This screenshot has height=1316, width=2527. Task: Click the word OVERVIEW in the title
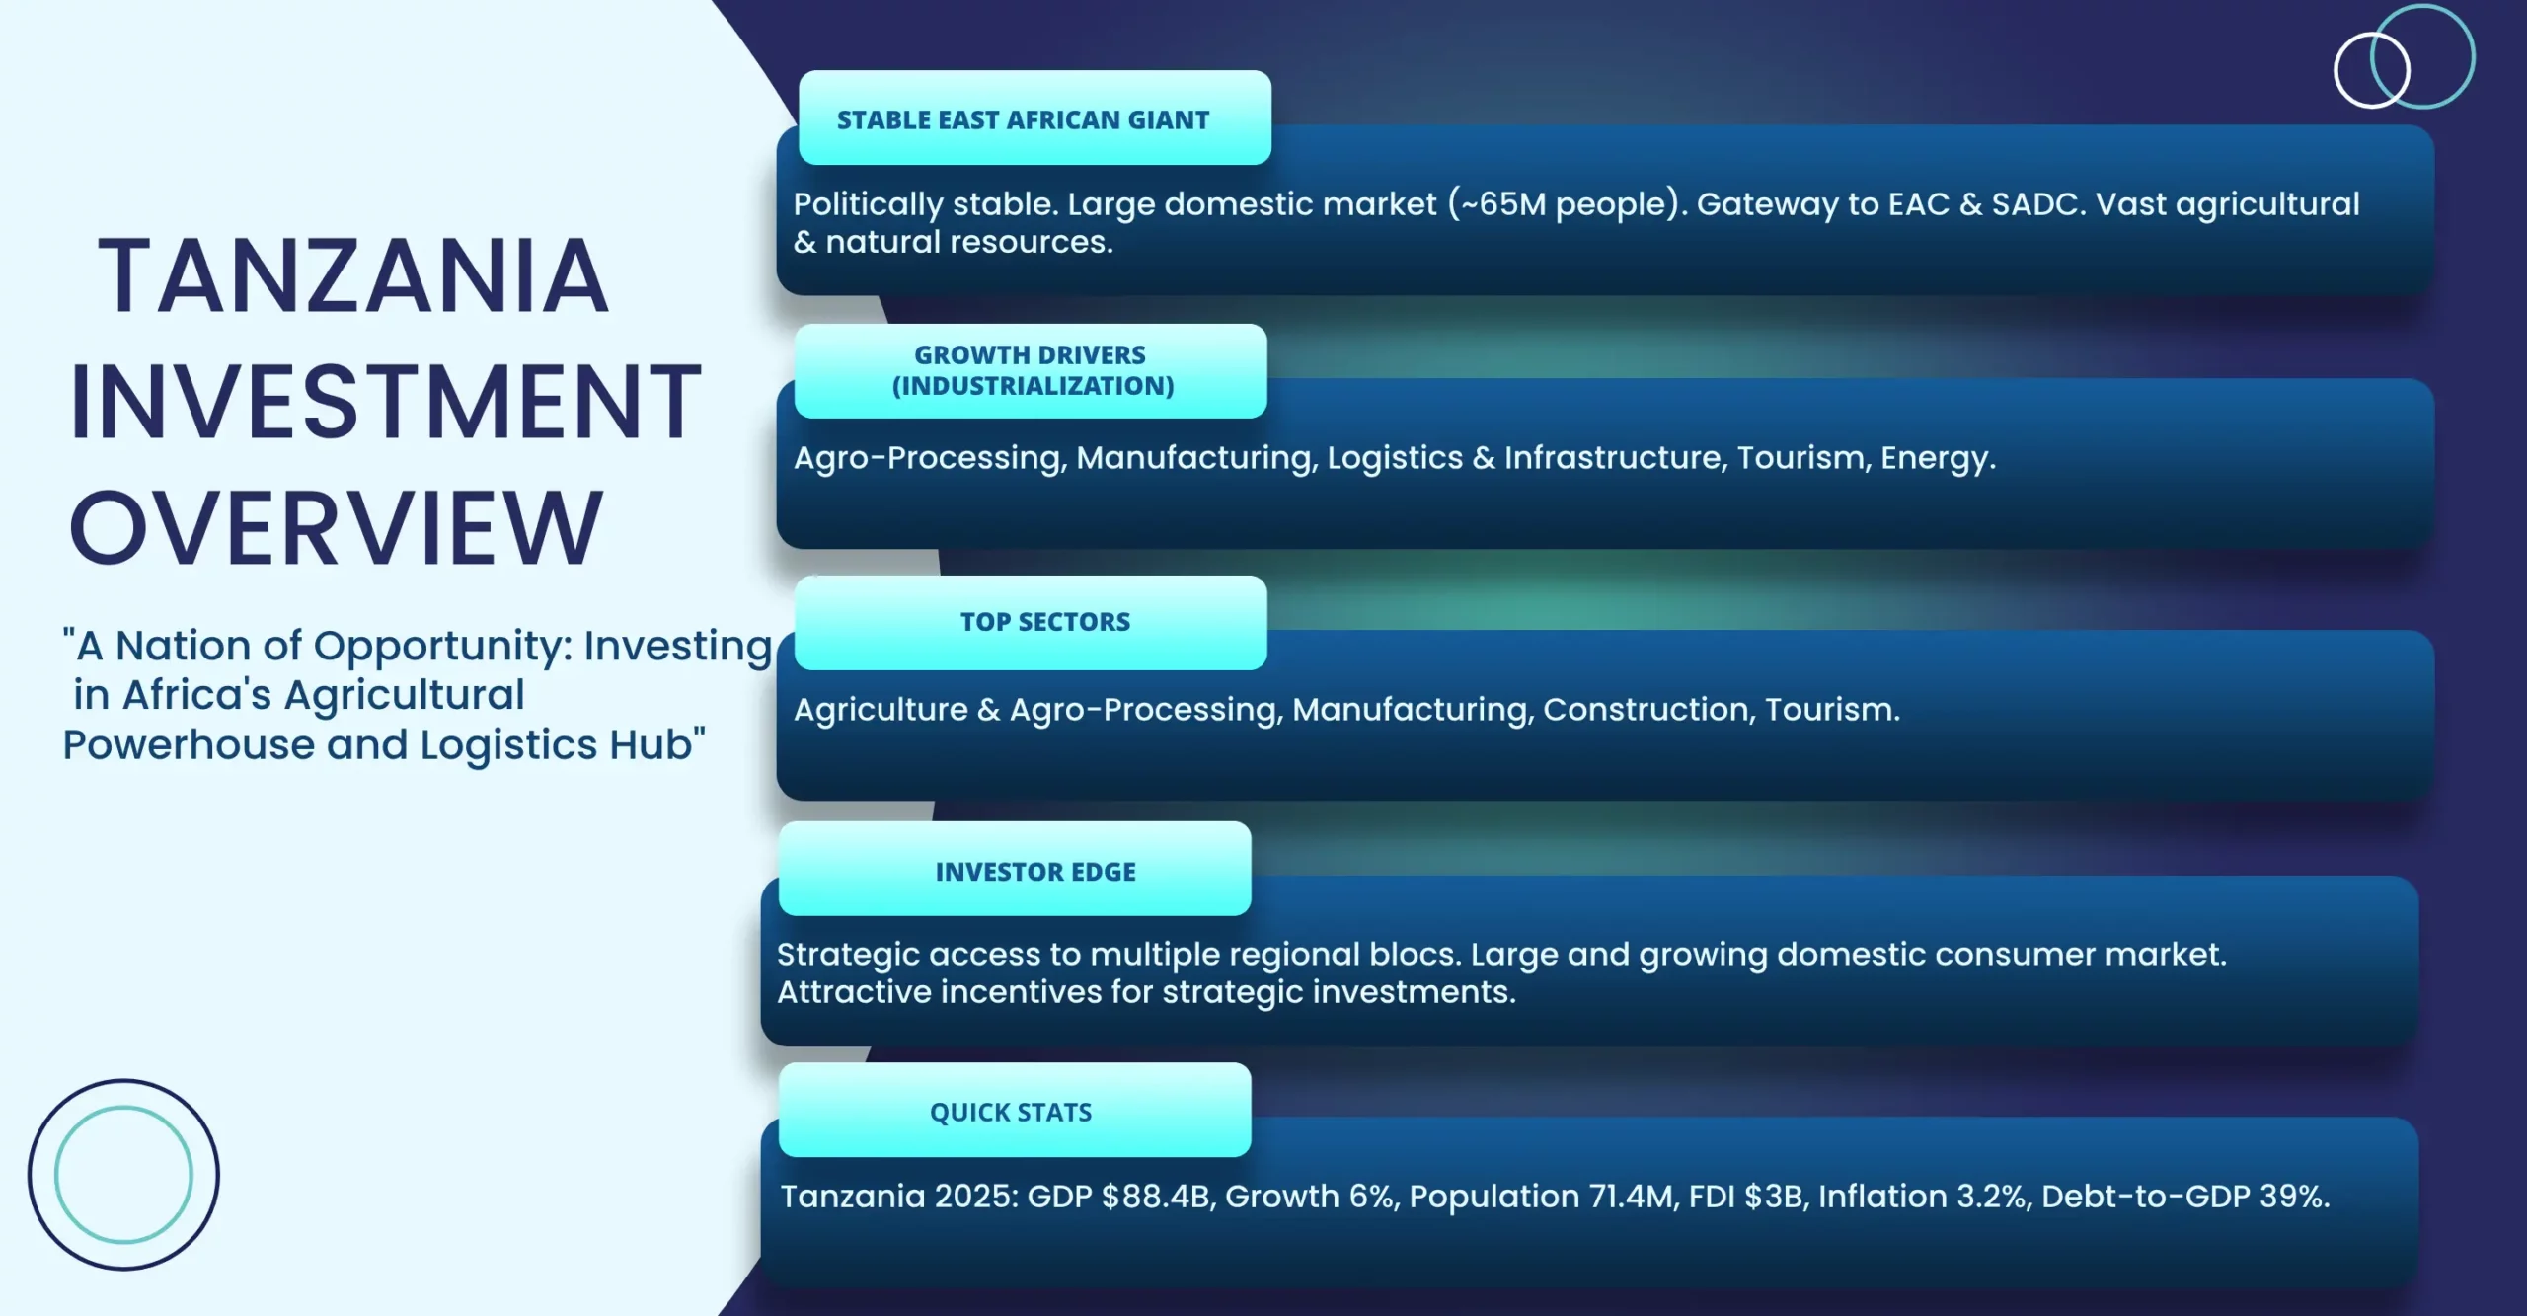tap(336, 528)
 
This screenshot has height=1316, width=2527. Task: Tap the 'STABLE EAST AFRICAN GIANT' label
tap(1023, 119)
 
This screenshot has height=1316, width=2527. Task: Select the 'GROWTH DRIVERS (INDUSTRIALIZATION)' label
tap(1032, 370)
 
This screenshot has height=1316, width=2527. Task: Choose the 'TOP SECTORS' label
tap(1045, 622)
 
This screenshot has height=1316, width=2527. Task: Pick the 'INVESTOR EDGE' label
tap(1035, 872)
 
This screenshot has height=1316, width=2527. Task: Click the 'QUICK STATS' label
tap(1011, 1113)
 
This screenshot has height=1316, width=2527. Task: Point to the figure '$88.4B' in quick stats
tap(1159, 1197)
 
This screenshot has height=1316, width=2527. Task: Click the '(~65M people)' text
tap(1568, 204)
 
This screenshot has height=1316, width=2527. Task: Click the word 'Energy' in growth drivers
tap(1937, 459)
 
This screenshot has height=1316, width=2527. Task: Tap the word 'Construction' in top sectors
tap(1648, 710)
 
